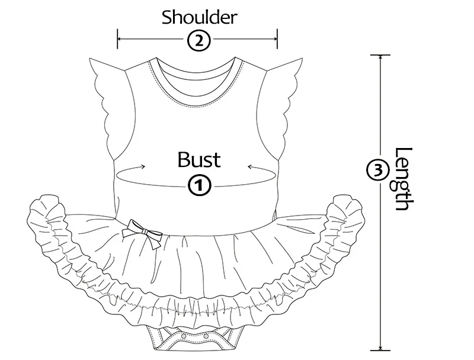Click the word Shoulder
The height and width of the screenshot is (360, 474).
pyautogui.click(x=200, y=17)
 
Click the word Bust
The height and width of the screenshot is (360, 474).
pyautogui.click(x=199, y=159)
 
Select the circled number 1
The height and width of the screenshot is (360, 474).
pyautogui.click(x=199, y=185)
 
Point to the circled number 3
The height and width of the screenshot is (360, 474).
pyautogui.click(x=379, y=170)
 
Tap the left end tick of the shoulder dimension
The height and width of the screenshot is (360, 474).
pyautogui.click(x=118, y=40)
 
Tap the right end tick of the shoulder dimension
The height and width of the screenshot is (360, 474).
pyautogui.click(x=277, y=40)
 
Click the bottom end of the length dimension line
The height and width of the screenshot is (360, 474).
pyautogui.click(x=380, y=351)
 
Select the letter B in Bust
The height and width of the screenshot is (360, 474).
pyautogui.click(x=183, y=159)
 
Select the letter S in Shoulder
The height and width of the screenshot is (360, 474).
pyautogui.click(x=166, y=17)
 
